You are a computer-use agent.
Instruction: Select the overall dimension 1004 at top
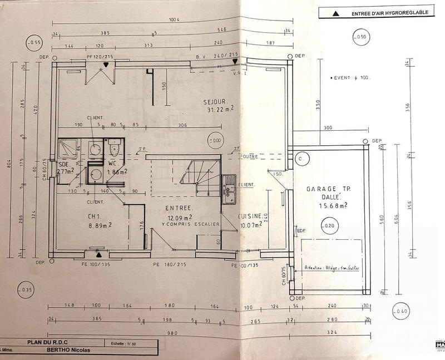coord(175,19)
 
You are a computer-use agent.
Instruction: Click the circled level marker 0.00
coord(214,140)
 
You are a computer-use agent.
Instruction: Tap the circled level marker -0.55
coord(34,42)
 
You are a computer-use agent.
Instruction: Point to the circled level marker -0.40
coord(400,311)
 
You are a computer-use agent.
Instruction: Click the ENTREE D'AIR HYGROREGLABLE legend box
coord(375,13)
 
